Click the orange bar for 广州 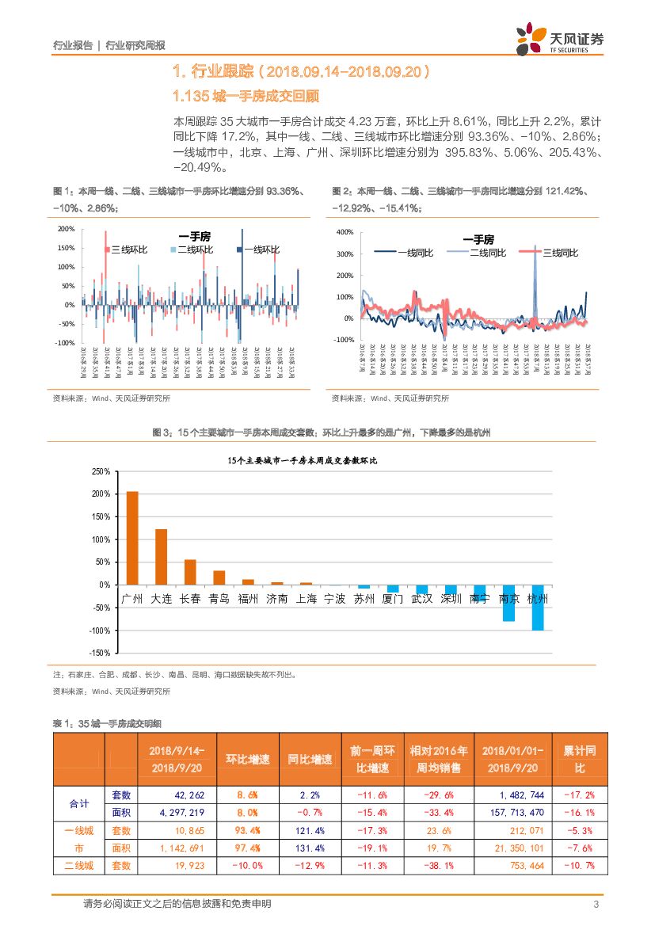pos(132,538)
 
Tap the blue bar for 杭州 pos(538,608)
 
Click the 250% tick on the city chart pos(101,471)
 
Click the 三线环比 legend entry pos(126,250)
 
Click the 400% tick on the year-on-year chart pos(345,232)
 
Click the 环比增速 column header pos(241,759)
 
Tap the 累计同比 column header pos(579,759)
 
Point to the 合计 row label pos(78,803)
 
